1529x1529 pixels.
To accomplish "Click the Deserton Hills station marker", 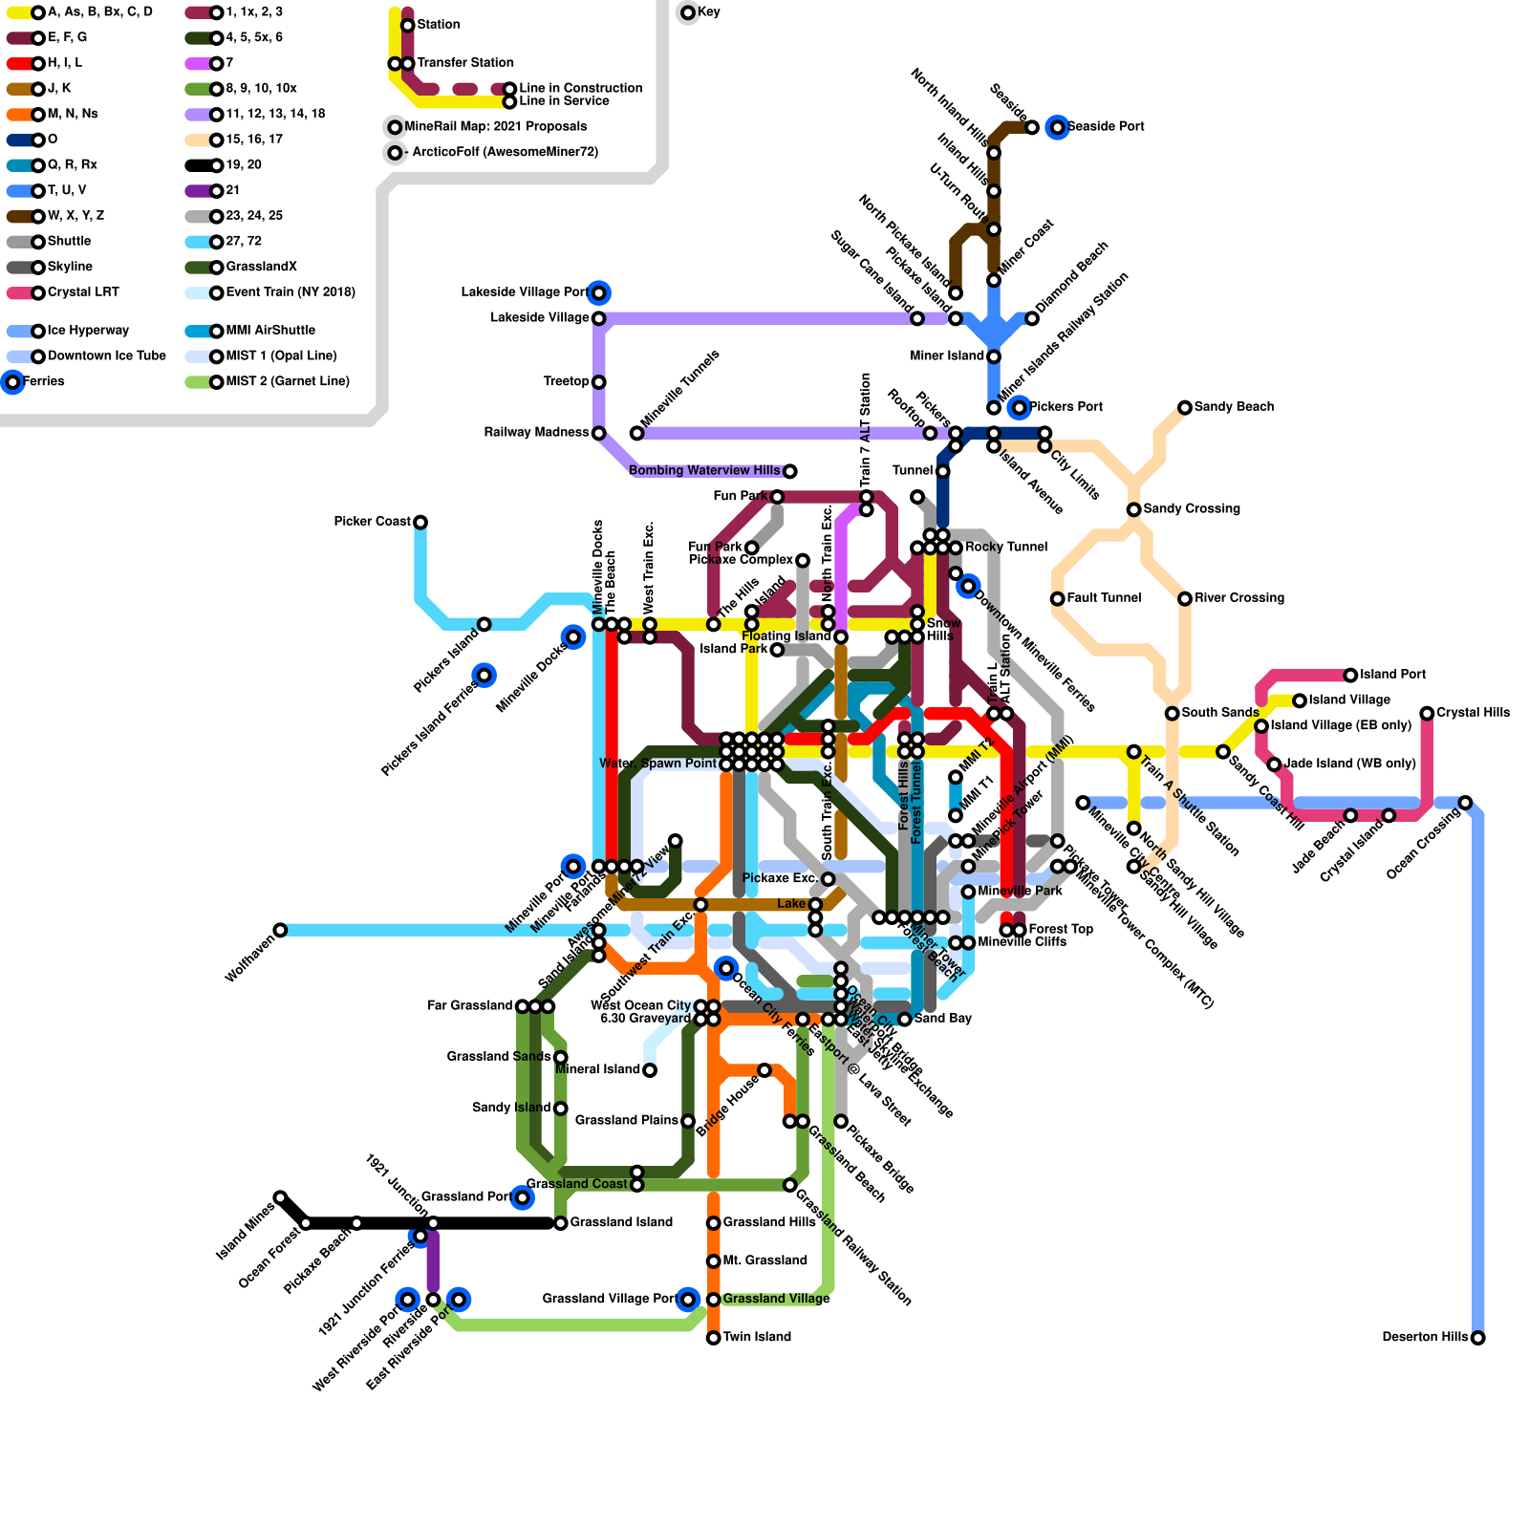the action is point(1477,1338).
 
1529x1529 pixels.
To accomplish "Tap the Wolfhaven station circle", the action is point(280,930).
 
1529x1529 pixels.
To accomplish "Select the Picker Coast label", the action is point(372,522).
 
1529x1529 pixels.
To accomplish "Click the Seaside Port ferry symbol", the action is point(1057,127).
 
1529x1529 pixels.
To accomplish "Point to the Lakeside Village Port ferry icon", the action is point(599,292).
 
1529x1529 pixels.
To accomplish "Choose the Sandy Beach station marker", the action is point(1185,408).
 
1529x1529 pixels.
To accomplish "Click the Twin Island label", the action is point(757,1337).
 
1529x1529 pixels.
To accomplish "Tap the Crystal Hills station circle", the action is point(1427,713).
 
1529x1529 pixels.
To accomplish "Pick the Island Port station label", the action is point(1392,675).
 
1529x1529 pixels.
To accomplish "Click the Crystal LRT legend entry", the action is point(83,292).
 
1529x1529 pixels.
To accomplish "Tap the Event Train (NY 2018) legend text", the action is point(291,292).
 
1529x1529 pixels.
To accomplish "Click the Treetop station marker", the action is point(599,382).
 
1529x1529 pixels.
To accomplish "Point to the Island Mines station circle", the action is point(280,1197).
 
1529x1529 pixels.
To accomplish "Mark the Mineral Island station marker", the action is point(650,1070).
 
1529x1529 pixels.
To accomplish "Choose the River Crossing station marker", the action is point(1185,598).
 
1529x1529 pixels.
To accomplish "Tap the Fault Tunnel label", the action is point(1104,598).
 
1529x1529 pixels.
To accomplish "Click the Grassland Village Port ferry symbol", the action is point(688,1300).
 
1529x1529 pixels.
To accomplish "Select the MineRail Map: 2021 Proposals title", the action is point(496,127).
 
